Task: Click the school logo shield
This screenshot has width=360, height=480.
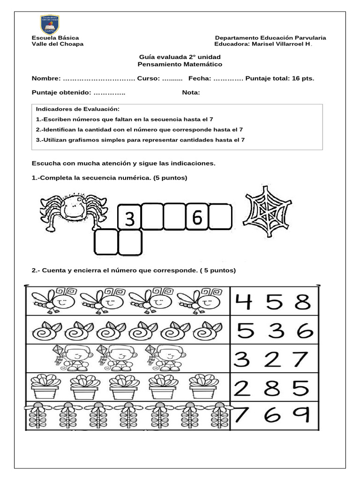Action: click(x=50, y=25)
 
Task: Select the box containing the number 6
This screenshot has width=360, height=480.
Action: click(x=197, y=217)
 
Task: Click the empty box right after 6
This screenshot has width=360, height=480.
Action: click(x=220, y=217)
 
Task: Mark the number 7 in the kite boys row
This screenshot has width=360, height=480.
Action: click(x=300, y=360)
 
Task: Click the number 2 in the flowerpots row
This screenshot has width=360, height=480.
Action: click(x=244, y=388)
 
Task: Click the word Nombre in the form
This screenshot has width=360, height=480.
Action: click(x=46, y=78)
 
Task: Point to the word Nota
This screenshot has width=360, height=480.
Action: click(x=191, y=92)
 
